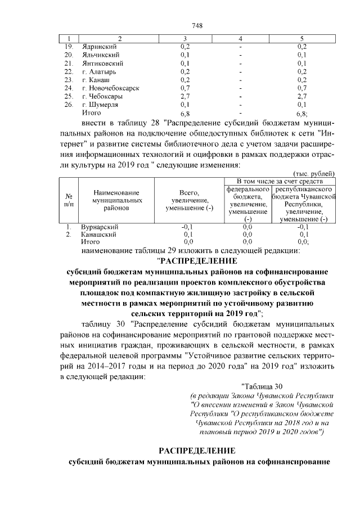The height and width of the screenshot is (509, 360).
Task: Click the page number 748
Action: [x=197, y=26]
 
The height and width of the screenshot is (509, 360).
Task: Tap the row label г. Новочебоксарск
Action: [x=110, y=88]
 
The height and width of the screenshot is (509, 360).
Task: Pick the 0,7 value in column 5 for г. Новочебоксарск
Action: [x=301, y=88]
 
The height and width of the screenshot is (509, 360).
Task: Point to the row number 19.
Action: [x=69, y=46]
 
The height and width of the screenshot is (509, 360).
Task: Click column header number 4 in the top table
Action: [x=240, y=38]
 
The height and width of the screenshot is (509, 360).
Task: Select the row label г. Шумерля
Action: [x=101, y=105]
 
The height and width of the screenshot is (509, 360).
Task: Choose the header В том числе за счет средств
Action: [x=280, y=181]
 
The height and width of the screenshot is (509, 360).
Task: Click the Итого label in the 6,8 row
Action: [x=91, y=113]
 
